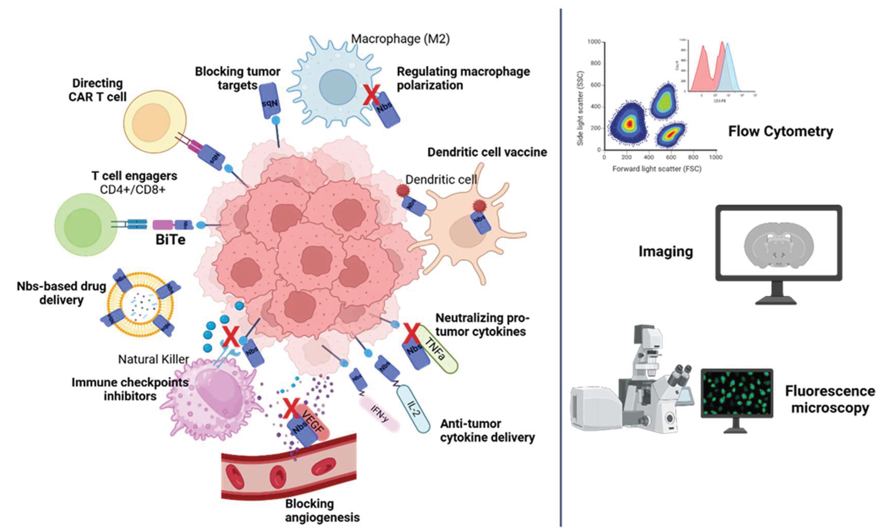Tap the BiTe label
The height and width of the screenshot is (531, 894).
(171, 240)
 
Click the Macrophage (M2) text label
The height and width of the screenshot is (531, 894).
(400, 39)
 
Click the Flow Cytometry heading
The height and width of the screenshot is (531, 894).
(780, 131)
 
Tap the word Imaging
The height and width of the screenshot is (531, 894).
(666, 252)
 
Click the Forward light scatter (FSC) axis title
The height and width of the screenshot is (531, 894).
(657, 169)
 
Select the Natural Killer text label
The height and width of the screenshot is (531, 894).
(154, 359)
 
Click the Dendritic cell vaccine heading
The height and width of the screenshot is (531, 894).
(487, 152)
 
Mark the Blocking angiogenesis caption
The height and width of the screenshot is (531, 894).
(322, 510)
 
